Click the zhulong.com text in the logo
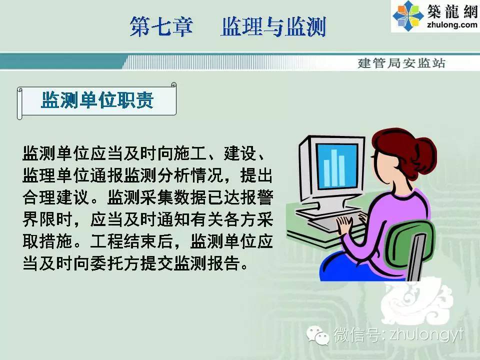(x=452, y=24)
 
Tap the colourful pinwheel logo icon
(x=408, y=16)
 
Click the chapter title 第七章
(x=161, y=26)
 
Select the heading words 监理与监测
(x=273, y=26)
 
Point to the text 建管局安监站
(x=401, y=63)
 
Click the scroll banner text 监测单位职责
(x=97, y=100)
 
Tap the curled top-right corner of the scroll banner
(x=173, y=85)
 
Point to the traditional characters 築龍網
(x=452, y=11)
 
